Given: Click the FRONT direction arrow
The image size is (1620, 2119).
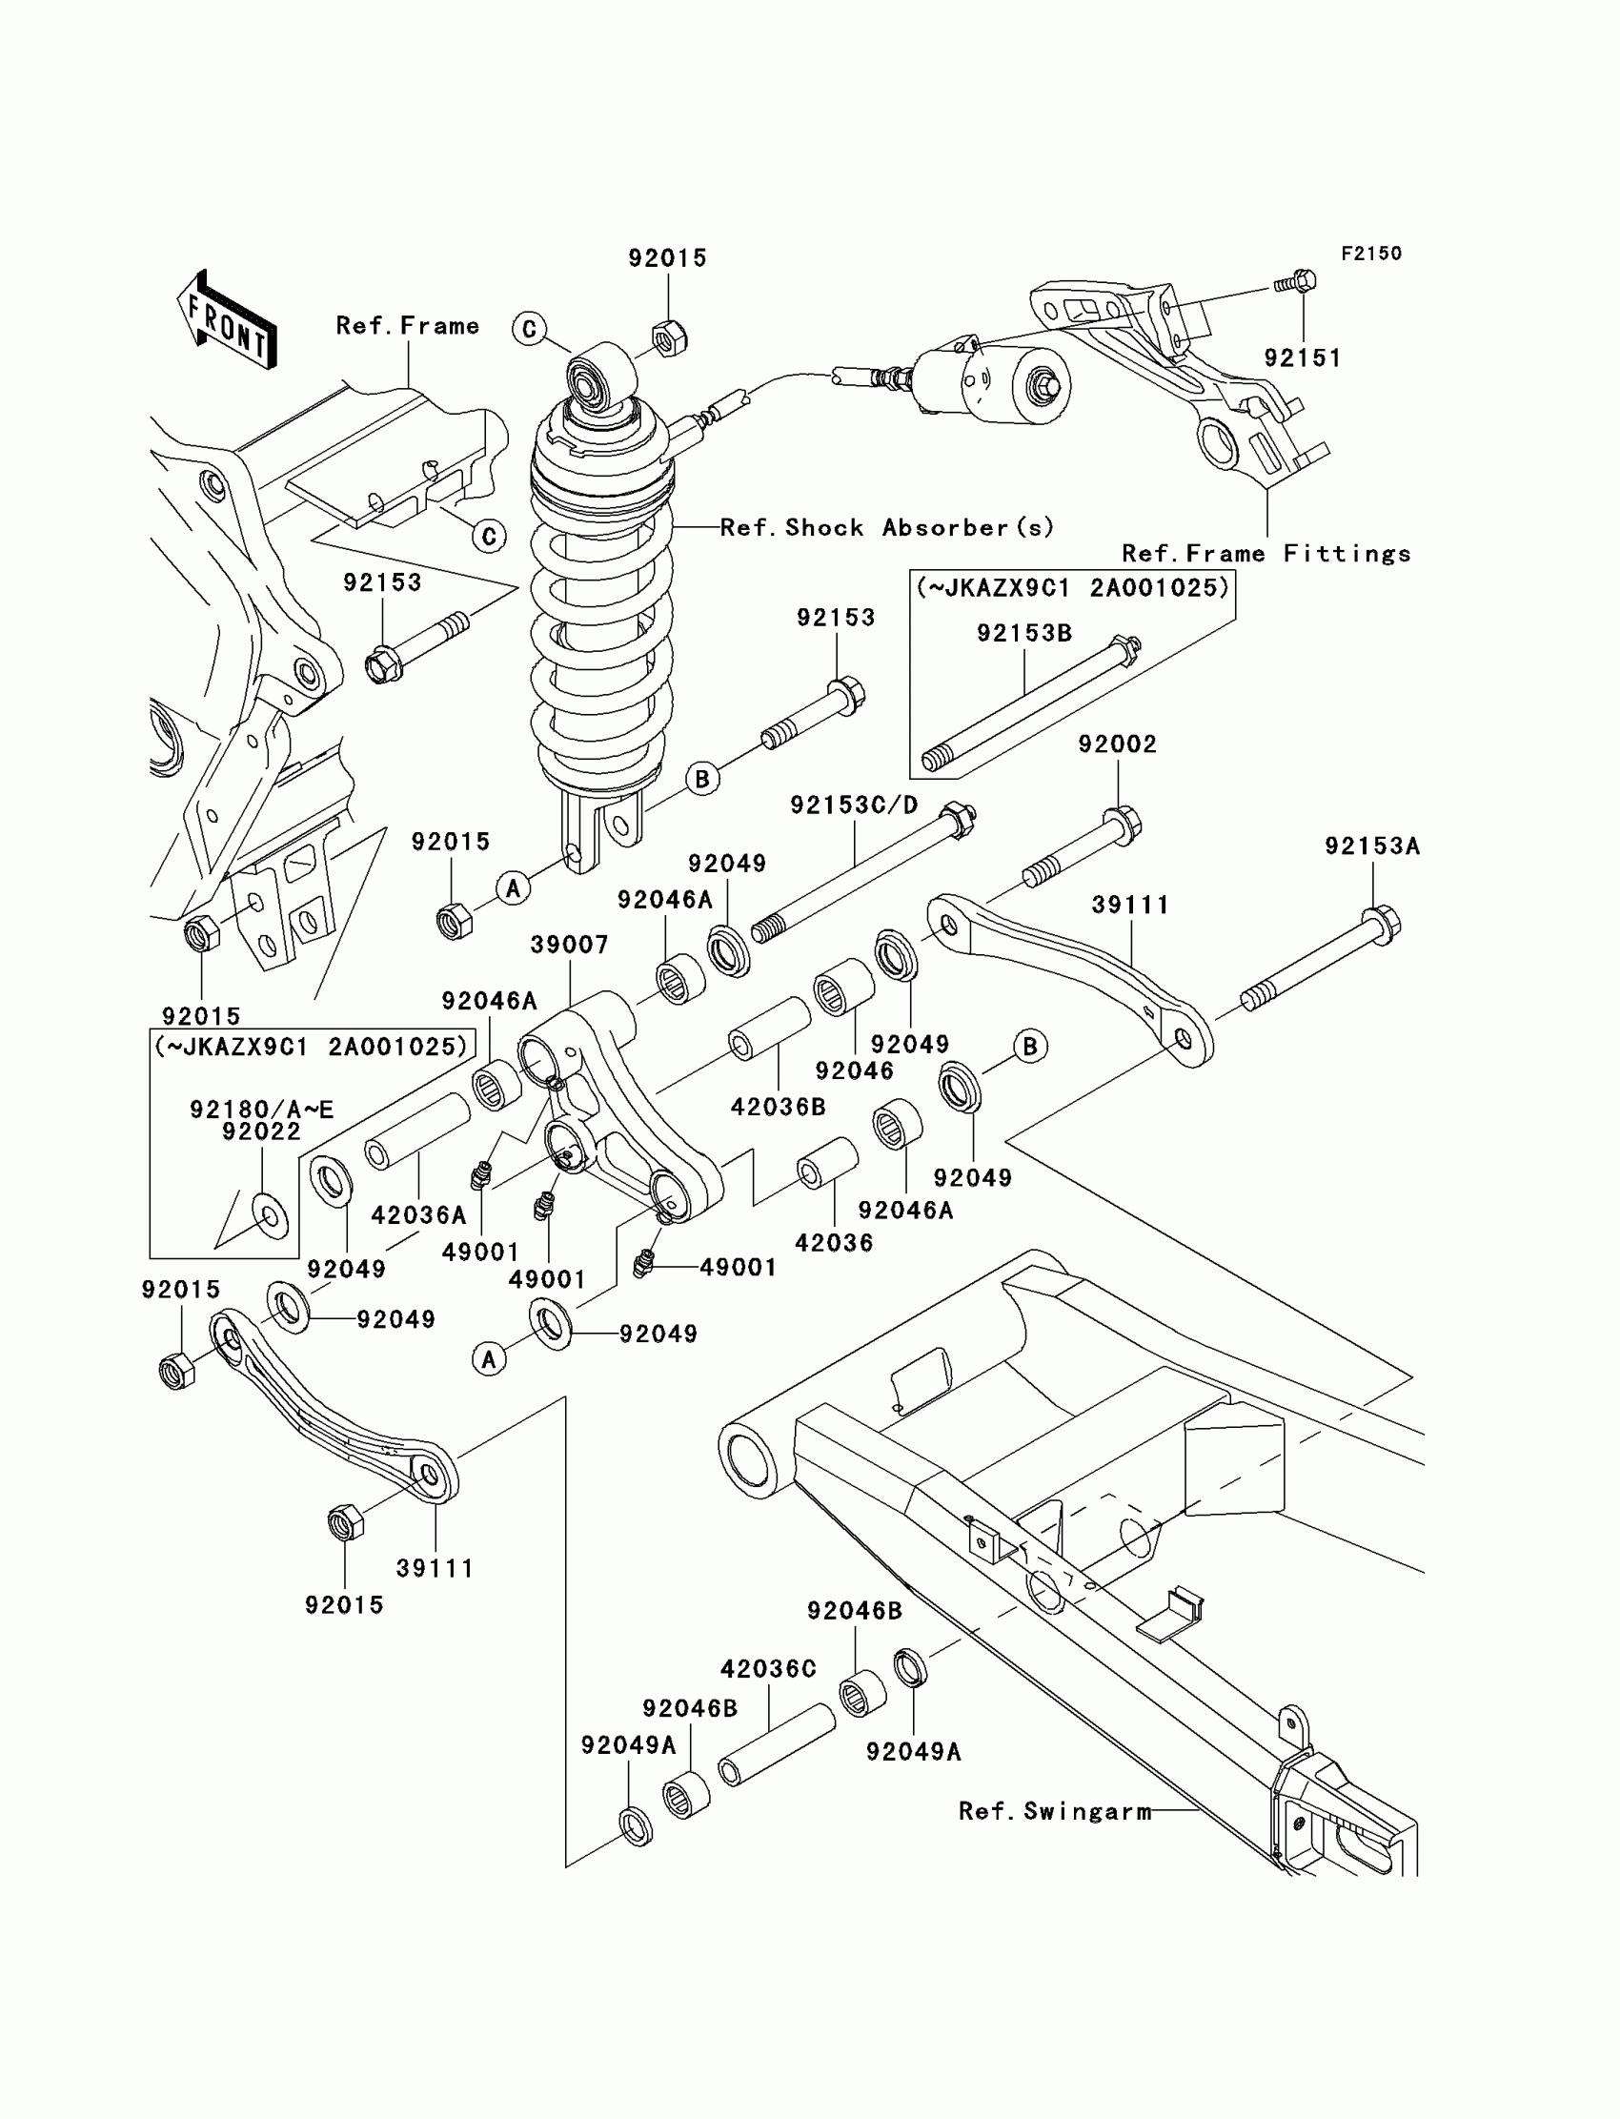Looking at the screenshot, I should click(x=228, y=319).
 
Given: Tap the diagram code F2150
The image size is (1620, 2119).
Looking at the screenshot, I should click(x=1371, y=254).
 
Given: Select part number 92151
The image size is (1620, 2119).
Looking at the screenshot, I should click(x=1303, y=357).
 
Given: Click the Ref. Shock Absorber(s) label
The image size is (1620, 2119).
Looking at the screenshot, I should click(x=887, y=527).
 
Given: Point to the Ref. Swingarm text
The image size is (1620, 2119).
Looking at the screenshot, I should click(x=1055, y=1811).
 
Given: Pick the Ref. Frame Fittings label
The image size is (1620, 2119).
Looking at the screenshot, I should click(x=1266, y=554).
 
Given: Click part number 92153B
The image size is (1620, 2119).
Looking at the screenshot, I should click(x=1024, y=633).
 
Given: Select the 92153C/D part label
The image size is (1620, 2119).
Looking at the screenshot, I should click(x=855, y=805).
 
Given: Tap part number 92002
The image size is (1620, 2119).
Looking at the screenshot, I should click(x=1118, y=744).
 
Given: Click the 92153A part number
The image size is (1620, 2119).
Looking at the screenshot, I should click(x=1372, y=846).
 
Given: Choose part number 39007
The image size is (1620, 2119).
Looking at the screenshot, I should click(x=569, y=945).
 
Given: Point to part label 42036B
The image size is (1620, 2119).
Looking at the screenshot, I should click(x=779, y=1107).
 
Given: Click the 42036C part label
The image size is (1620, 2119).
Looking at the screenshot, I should click(x=768, y=1668).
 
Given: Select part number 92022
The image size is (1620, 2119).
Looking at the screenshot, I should click(x=261, y=1131).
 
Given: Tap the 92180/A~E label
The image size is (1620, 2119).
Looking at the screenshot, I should click(x=261, y=1110).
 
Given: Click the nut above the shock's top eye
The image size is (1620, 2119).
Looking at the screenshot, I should click(x=668, y=337).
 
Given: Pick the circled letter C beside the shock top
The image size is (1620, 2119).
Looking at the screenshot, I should click(x=530, y=329).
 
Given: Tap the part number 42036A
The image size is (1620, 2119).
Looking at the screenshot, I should click(x=418, y=1215).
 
